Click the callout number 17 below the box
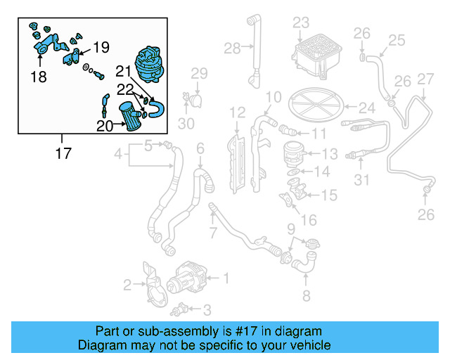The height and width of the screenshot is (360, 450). tap(63, 152)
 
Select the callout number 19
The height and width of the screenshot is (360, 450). tap(101, 48)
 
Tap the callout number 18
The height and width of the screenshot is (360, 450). tap(39, 77)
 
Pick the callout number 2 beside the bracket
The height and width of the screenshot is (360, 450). tap(127, 285)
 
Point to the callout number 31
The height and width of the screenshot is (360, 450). tap(361, 181)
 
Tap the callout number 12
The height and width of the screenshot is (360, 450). tap(237, 112)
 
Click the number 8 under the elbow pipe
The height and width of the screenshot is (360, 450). tap(305, 295)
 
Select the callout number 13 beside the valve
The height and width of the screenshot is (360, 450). tap(330, 154)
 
